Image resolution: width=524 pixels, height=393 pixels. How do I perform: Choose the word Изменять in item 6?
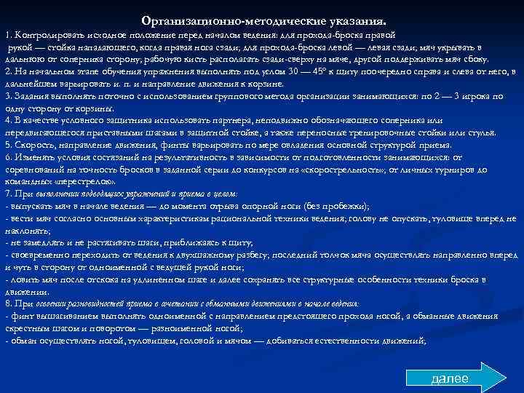pyautogui.click(x=34, y=156)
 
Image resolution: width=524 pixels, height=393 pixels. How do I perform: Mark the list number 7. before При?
pyautogui.click(x=8, y=194)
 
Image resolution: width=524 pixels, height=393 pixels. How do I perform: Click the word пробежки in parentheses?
pyautogui.click(x=346, y=206)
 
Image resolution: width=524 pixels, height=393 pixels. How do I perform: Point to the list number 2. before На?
pyautogui.click(x=8, y=71)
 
